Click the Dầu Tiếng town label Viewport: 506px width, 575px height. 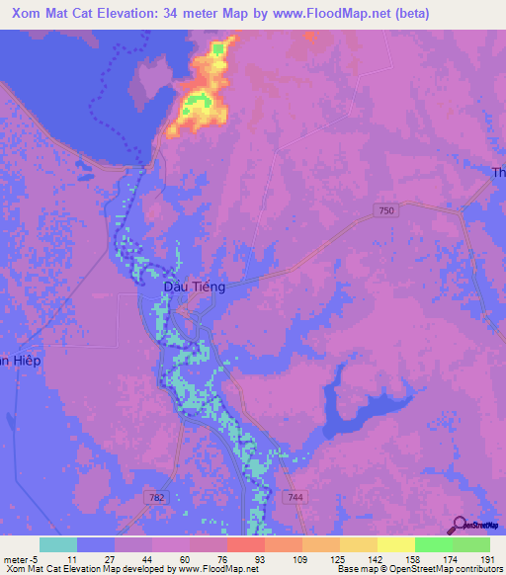point(194,287)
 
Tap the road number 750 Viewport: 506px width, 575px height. point(387,210)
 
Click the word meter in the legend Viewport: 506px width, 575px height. point(15,558)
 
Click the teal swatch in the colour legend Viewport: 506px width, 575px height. point(58,544)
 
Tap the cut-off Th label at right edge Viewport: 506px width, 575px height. point(498,173)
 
